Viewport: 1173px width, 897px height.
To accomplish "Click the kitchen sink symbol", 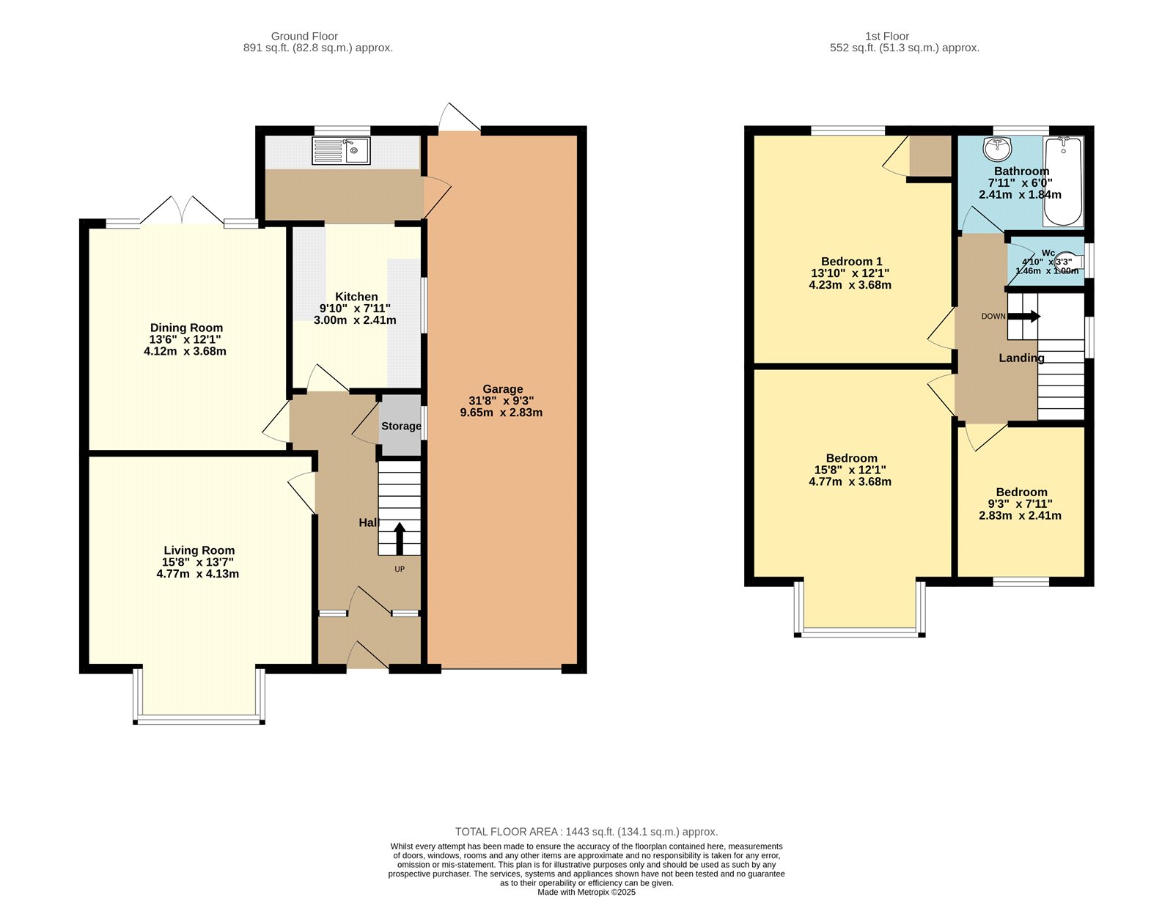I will click(x=342, y=152).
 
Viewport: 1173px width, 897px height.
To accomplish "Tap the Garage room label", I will click(x=502, y=389).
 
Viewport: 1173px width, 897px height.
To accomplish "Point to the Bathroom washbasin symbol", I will click(x=997, y=149).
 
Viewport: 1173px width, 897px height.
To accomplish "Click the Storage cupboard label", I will click(x=401, y=426).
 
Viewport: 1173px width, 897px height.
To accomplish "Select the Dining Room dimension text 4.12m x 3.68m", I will click(x=185, y=351).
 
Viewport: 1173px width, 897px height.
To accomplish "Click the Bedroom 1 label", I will click(x=851, y=262).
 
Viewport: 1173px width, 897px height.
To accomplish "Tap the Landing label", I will click(x=1021, y=358).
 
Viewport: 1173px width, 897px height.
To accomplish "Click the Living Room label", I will click(x=199, y=550).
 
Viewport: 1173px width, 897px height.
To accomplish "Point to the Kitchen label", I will click(x=356, y=297).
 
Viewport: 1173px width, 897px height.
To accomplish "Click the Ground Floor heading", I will click(x=304, y=36).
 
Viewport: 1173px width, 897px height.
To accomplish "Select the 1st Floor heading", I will click(x=886, y=36).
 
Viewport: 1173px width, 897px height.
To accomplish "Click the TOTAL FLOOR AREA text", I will click(x=586, y=832).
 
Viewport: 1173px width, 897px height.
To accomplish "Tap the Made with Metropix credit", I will click(x=586, y=892).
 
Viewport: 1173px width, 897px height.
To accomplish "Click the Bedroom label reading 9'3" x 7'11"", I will click(x=1020, y=503).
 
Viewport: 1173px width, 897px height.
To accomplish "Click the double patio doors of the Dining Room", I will click(x=183, y=211).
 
